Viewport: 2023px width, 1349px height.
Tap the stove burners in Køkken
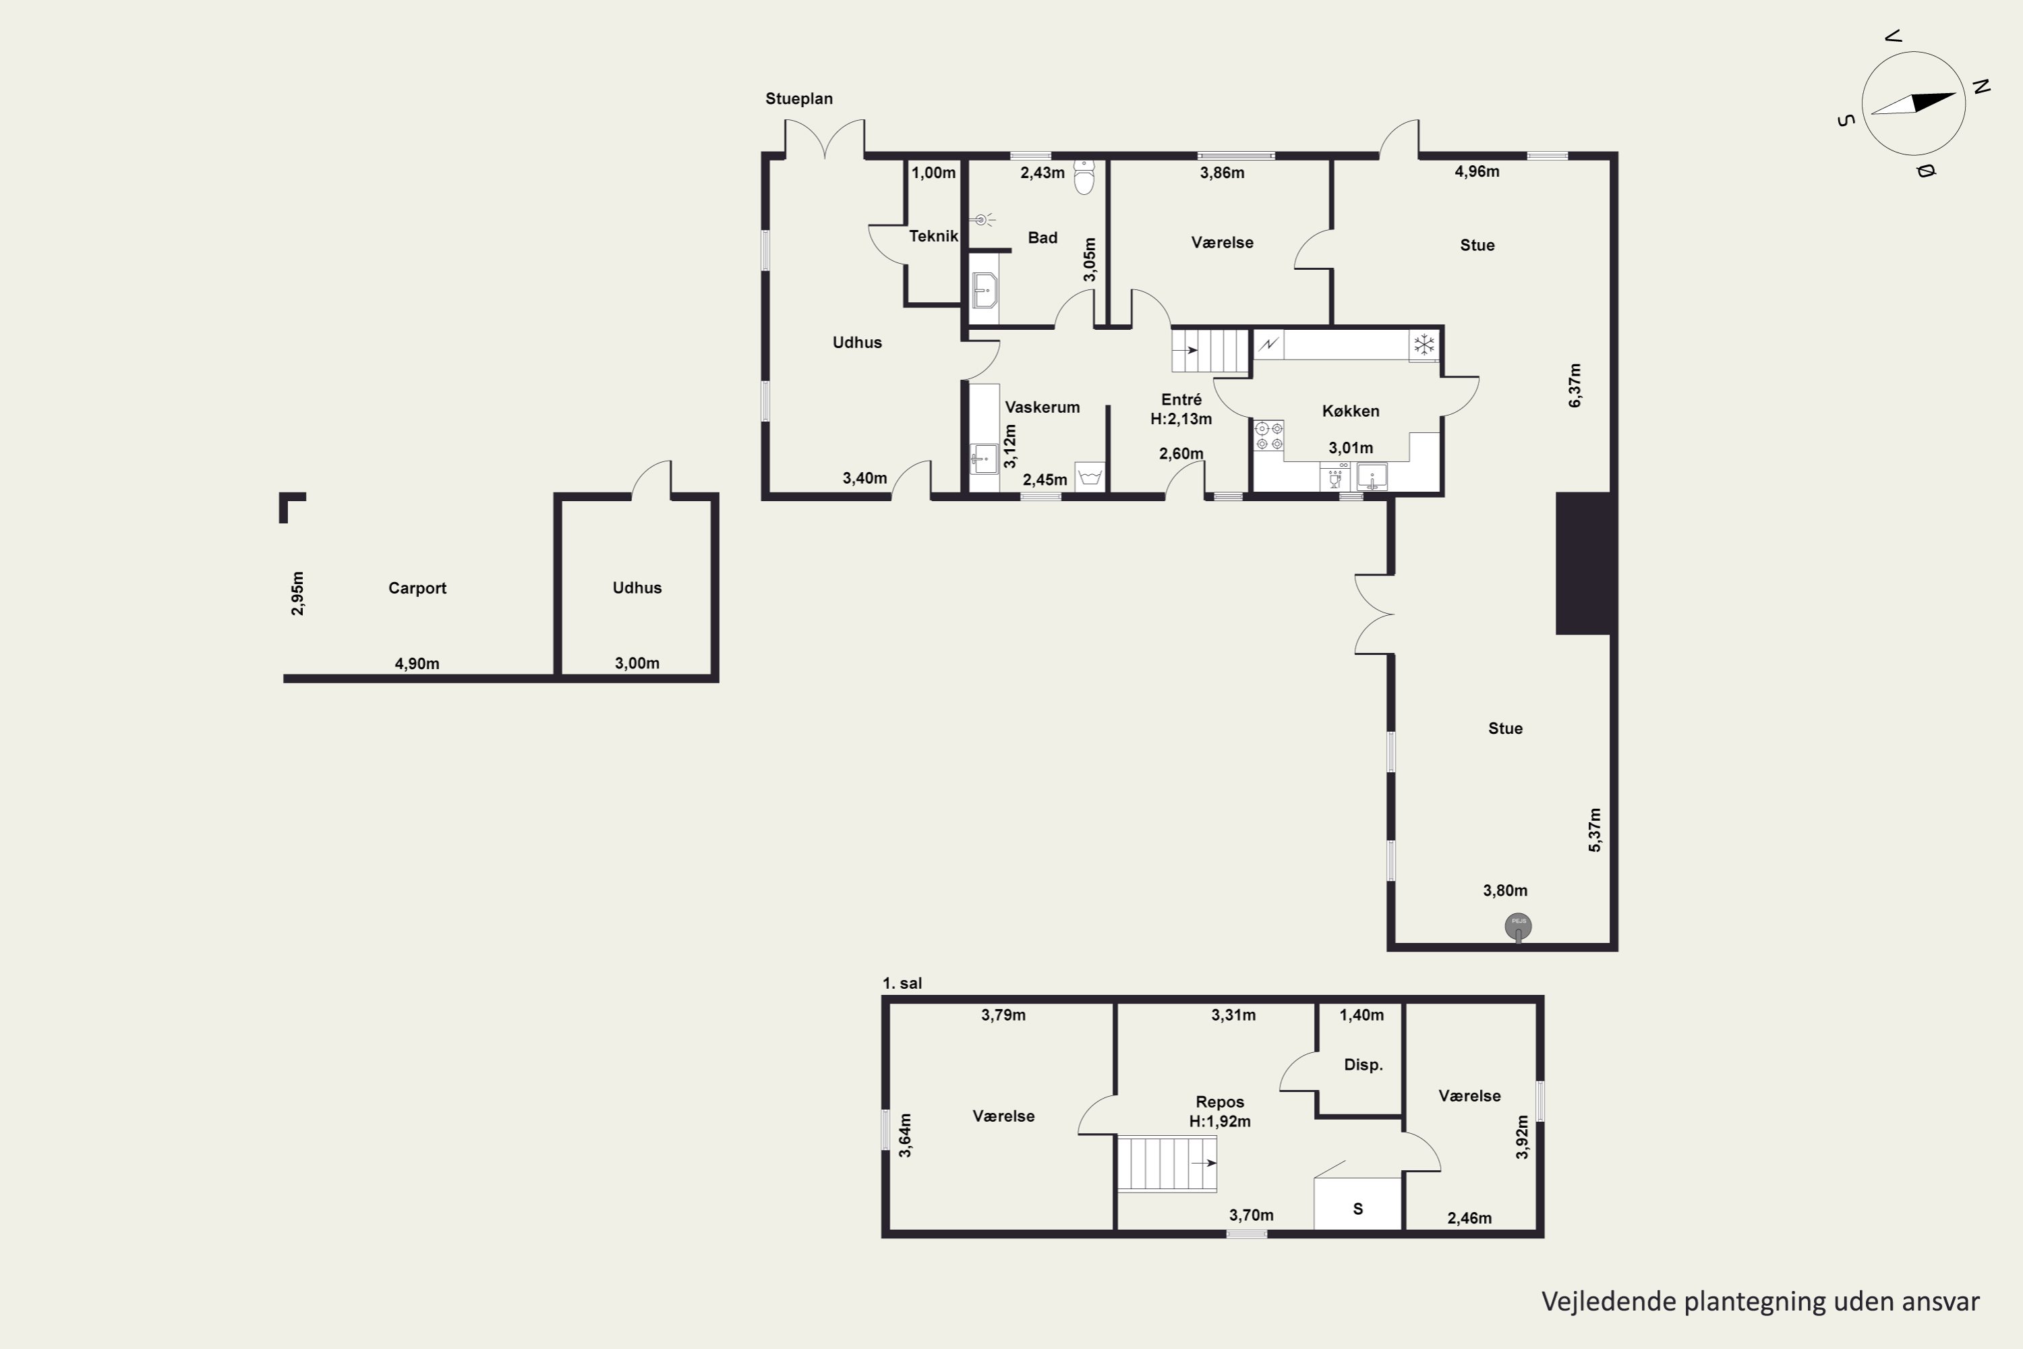pyautogui.click(x=1268, y=435)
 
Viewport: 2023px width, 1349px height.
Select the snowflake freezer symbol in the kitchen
pyautogui.click(x=1424, y=345)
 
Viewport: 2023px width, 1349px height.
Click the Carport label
pyautogui.click(x=417, y=588)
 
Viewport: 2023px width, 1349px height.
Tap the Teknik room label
pyautogui.click(x=933, y=235)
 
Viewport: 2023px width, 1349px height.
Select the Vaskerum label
pyautogui.click(x=1043, y=407)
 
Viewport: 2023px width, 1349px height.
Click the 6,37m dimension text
pyautogui.click(x=1575, y=385)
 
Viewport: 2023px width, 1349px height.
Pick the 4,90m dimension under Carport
pyautogui.click(x=417, y=663)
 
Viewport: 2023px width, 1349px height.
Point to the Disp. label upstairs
pyautogui.click(x=1364, y=1064)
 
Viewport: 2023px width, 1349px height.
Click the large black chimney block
pyautogui.click(x=1583, y=563)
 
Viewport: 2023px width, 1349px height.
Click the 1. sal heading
pyautogui.click(x=902, y=983)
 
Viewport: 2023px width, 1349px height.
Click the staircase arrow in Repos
pyautogui.click(x=1204, y=1163)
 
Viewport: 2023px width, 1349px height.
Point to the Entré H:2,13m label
pyautogui.click(x=1181, y=409)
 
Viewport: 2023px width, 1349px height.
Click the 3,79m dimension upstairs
pyautogui.click(x=1003, y=1015)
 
